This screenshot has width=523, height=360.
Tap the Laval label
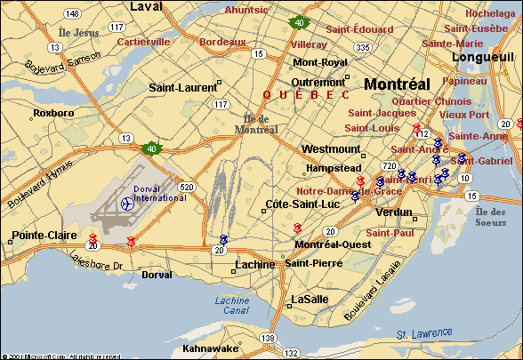(147, 7)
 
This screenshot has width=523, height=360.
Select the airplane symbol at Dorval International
(127, 203)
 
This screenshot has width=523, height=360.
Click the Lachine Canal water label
(232, 305)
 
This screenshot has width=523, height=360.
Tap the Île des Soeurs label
(490, 216)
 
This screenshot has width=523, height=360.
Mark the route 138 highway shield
(267, 339)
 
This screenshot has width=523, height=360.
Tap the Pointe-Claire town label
(38, 238)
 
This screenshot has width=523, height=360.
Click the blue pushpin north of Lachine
(223, 239)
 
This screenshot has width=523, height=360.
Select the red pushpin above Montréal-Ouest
(297, 230)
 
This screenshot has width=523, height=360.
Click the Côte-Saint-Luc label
(297, 205)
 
